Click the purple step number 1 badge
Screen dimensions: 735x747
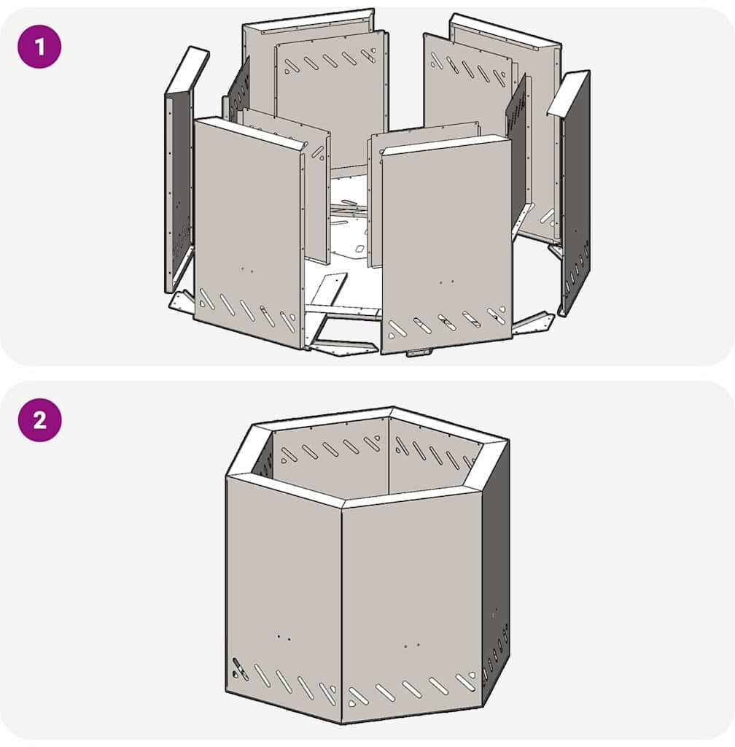(39, 47)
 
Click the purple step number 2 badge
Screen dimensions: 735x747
(39, 419)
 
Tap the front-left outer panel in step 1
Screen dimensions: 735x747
(247, 233)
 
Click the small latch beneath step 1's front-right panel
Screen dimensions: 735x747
(419, 352)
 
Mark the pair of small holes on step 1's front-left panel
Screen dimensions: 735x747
(246, 270)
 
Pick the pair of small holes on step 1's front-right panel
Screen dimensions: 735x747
(446, 282)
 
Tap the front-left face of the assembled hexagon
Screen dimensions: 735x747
(284, 591)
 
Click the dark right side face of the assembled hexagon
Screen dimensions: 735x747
(496, 572)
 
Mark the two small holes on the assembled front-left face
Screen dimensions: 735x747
(284, 638)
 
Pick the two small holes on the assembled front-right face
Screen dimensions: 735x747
(412, 646)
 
